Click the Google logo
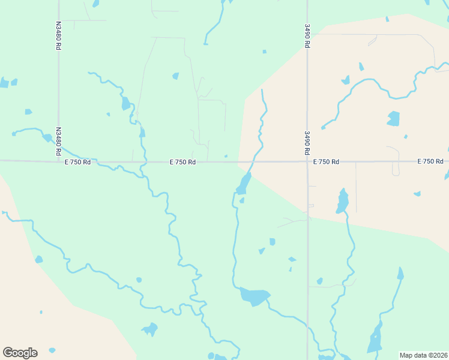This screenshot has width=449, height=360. point(20,353)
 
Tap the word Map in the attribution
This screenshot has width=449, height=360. point(407,355)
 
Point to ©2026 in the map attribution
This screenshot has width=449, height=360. point(437,355)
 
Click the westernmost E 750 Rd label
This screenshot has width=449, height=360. point(77,162)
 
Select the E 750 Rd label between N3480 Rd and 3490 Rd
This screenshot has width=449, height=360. point(182,162)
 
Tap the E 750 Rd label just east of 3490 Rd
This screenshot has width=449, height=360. point(326,162)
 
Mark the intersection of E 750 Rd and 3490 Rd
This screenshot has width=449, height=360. point(307,161)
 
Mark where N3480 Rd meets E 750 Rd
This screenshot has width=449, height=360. point(59,161)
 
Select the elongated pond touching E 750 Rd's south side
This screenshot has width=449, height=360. point(244,184)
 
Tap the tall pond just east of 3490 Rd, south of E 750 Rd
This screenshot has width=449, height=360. point(342,201)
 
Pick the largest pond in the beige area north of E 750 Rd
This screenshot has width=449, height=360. point(393,118)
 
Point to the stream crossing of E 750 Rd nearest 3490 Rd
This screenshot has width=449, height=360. point(253,161)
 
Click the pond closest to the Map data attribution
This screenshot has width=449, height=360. point(375,339)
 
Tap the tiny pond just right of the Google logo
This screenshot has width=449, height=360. point(52,350)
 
